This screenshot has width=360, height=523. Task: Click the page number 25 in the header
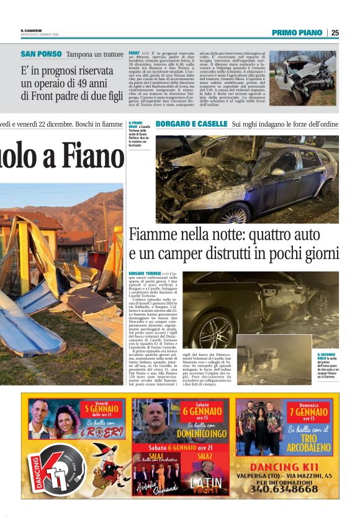click(335, 33)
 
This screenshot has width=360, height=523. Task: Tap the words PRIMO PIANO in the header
click(297, 33)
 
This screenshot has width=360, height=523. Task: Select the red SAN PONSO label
click(41, 54)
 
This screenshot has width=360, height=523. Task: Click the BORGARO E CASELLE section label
click(192, 124)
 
